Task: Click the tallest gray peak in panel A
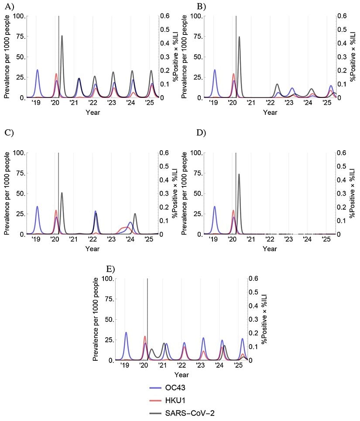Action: [62, 36]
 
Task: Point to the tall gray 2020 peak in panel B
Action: [239, 37]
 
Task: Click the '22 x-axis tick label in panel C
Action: [93, 240]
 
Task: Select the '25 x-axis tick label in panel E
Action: [238, 366]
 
